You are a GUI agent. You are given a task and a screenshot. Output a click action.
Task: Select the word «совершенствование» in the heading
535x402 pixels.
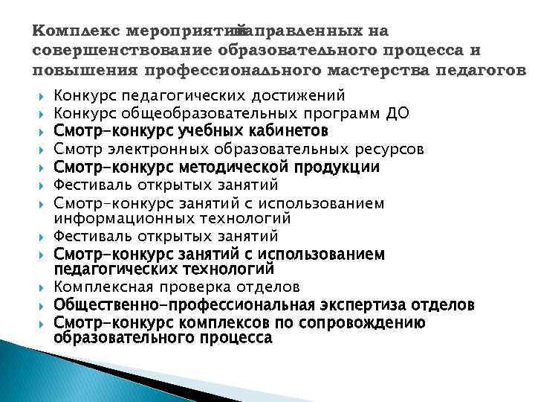(123, 51)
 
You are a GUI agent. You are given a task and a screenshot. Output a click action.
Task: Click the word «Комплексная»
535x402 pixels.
(103, 287)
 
